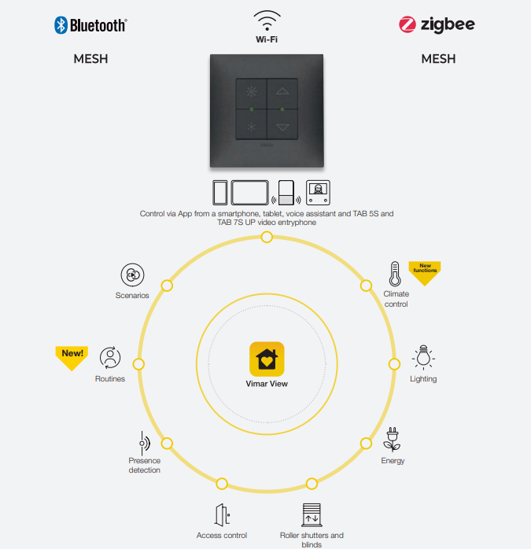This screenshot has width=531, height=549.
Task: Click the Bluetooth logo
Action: pyautogui.click(x=90, y=25)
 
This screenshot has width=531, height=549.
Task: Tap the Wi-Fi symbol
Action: pyautogui.click(x=267, y=20)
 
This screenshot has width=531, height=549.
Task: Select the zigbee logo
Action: pyautogui.click(x=437, y=24)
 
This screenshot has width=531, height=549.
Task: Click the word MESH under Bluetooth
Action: pyautogui.click(x=90, y=59)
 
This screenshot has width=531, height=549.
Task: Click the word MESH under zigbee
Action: pyautogui.click(x=438, y=59)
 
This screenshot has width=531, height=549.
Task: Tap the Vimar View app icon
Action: pyautogui.click(x=267, y=359)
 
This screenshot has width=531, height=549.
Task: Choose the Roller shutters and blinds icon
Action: pyautogui.click(x=312, y=515)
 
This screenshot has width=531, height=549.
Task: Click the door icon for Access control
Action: pyautogui.click(x=222, y=515)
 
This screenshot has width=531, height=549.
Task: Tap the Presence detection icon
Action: pyautogui.click(x=144, y=442)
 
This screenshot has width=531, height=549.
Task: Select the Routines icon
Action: pyautogui.click(x=110, y=359)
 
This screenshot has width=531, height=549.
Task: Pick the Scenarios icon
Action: pyautogui.click(x=131, y=275)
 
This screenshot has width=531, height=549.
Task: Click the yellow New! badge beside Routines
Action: pyautogui.click(x=72, y=356)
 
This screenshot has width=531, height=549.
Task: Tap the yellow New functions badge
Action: pyautogui.click(x=425, y=271)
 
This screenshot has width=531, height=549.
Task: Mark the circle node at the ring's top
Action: pyautogui.click(x=267, y=237)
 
